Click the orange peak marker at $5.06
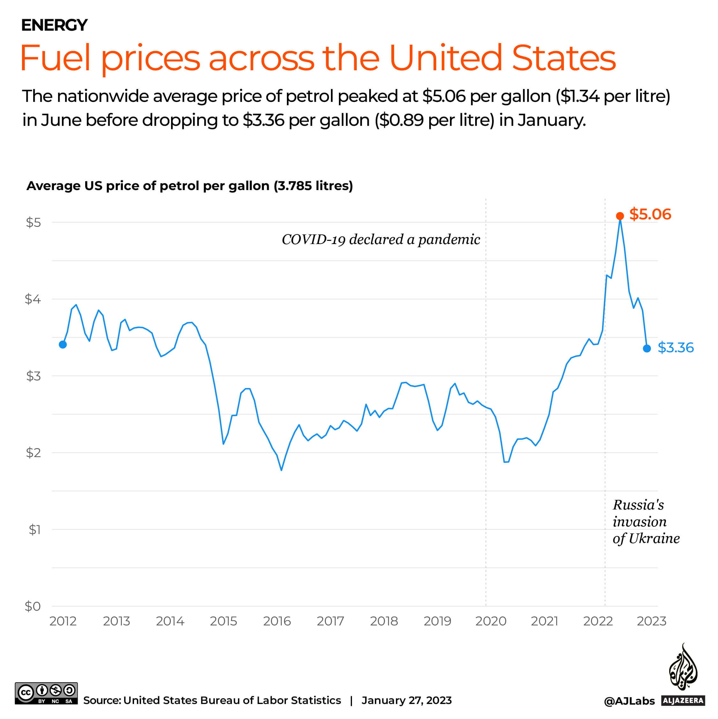click(619, 216)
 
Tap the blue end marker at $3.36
click(647, 348)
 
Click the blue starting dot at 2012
click(63, 345)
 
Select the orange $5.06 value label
click(650, 214)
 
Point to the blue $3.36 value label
click(675, 348)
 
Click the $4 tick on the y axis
click(33, 299)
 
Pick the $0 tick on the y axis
click(33, 606)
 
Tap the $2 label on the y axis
click(33, 453)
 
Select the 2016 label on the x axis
click(277, 621)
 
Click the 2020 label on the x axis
click(490, 621)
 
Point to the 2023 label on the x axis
click(651, 621)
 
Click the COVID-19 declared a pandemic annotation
click(381, 239)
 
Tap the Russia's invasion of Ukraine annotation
click(646, 521)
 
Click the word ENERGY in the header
click(54, 25)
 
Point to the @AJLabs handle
click(629, 701)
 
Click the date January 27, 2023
click(407, 700)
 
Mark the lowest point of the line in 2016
click(281, 470)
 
